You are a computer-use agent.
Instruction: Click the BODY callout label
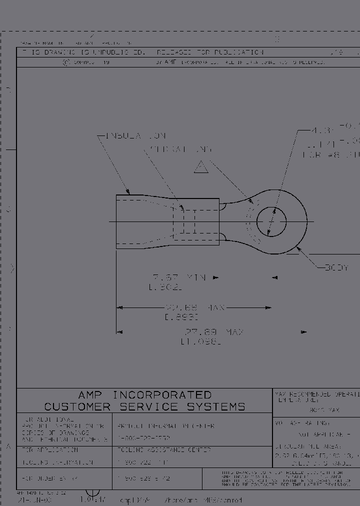(336, 267)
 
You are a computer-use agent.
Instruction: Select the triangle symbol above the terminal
(201, 167)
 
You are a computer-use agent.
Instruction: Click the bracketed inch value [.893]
(181, 317)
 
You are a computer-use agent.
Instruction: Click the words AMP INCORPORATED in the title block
(145, 395)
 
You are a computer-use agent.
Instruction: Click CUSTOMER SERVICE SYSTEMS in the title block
(145, 407)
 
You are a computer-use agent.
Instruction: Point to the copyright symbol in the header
(65, 63)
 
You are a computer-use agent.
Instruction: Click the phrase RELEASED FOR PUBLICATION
(210, 52)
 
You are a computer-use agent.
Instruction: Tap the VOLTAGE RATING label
(302, 423)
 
